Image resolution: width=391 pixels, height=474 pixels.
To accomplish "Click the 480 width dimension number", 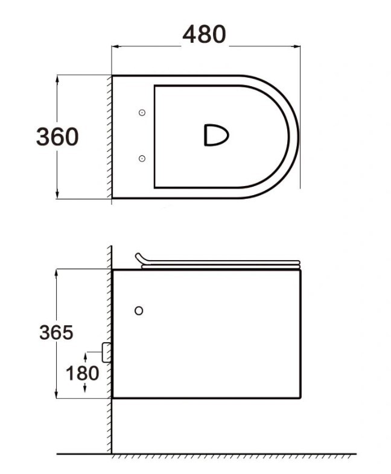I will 205,35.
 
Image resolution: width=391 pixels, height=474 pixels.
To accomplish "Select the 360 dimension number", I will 57,137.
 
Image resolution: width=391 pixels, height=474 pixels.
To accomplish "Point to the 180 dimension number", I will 83,373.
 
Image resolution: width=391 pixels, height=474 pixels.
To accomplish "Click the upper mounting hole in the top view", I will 142,113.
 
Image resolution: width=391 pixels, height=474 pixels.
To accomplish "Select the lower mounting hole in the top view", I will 142,158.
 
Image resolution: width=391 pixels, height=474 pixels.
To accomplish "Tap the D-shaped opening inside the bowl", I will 215,135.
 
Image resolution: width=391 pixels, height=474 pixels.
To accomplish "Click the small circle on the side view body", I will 139,311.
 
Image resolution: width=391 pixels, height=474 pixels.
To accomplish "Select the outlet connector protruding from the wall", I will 106,352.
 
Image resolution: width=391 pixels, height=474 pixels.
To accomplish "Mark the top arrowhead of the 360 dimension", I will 58,78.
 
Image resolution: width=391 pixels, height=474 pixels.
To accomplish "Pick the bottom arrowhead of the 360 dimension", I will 58,195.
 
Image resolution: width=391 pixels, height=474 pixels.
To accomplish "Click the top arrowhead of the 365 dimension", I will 57,272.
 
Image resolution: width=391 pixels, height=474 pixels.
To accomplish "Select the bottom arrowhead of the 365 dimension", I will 57,394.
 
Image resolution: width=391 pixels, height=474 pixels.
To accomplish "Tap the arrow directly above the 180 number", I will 85,359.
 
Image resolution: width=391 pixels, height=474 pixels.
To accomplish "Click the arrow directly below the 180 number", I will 85,388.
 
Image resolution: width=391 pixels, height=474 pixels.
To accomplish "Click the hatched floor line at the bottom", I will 229,457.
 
